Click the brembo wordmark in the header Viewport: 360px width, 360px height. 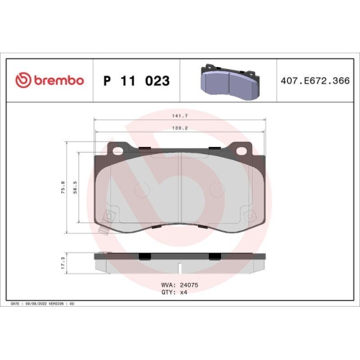coord(57,81)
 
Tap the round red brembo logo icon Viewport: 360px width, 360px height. coord(21,81)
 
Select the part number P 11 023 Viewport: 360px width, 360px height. coord(136,81)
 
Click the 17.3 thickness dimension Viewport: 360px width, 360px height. coord(63,265)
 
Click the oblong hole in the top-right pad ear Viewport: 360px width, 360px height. coord(239,150)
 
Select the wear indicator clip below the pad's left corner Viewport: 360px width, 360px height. coord(103,233)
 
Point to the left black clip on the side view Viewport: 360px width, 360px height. coord(143,257)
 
